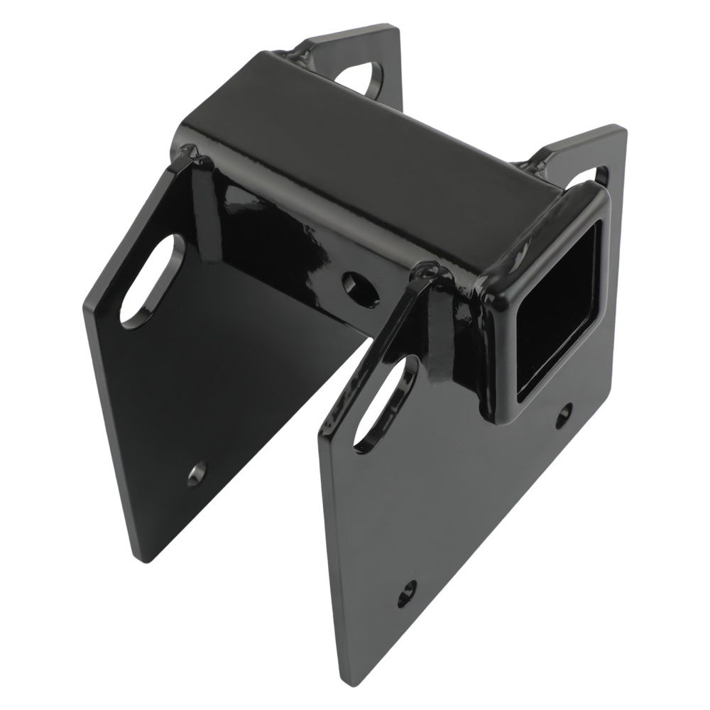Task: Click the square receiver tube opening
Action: [557, 298]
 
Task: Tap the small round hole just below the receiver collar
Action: [563, 415]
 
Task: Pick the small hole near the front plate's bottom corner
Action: [407, 591]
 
